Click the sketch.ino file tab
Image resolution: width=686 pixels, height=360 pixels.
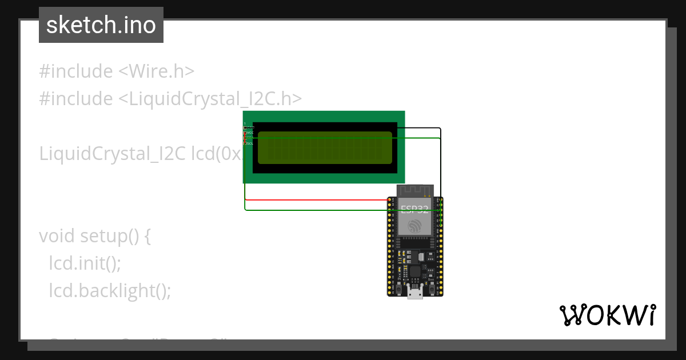pos(101,25)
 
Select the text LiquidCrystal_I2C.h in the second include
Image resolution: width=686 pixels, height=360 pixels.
pos(210,99)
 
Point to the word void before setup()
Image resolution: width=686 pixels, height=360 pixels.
pos(57,236)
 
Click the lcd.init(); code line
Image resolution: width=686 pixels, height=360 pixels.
pos(85,263)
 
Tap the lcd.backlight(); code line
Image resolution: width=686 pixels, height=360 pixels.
pos(110,291)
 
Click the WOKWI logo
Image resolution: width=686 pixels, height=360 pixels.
pos(607,315)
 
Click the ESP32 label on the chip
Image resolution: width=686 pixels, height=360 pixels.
pos(414,209)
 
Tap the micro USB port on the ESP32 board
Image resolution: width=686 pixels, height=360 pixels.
pos(415,294)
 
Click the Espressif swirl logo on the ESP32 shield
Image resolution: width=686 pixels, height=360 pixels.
pos(415,226)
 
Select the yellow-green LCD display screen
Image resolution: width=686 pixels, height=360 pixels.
pos(325,148)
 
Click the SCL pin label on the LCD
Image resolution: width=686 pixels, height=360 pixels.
pos(250,143)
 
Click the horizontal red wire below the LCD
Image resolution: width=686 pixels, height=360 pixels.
pos(314,200)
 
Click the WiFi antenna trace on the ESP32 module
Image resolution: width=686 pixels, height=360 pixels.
pos(416,190)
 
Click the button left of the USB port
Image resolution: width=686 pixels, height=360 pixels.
pos(398,285)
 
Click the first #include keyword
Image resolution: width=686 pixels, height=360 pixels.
pos(76,71)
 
